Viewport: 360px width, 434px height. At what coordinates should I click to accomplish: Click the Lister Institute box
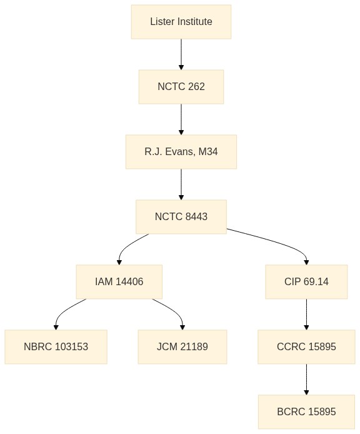click(181, 22)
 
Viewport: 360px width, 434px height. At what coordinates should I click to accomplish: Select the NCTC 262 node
click(181, 87)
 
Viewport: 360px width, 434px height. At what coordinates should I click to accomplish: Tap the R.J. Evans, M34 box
click(181, 152)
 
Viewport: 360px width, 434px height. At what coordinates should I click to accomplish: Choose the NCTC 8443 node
click(181, 217)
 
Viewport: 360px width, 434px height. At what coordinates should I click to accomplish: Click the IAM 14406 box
click(119, 282)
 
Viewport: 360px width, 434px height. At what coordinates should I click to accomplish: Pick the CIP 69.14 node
click(306, 282)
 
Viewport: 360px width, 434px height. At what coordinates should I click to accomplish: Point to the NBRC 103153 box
click(56, 347)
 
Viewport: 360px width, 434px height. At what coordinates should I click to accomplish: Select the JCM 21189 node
click(182, 347)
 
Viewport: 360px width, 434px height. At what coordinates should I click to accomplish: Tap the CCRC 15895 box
click(306, 347)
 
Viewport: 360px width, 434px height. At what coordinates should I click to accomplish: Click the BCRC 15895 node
click(306, 412)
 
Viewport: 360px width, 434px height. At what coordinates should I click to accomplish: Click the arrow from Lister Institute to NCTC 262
click(181, 54)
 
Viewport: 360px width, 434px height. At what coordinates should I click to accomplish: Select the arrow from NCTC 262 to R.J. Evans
click(181, 119)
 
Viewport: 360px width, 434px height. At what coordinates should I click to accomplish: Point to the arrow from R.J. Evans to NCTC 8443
click(181, 184)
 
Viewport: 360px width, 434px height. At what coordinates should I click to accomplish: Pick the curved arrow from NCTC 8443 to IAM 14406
click(127, 246)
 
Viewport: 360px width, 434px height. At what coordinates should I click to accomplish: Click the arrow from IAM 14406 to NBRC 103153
click(64, 311)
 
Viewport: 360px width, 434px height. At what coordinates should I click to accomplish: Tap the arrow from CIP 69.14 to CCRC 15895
click(306, 315)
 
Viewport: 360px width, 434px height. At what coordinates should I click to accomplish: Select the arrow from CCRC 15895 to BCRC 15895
click(306, 380)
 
